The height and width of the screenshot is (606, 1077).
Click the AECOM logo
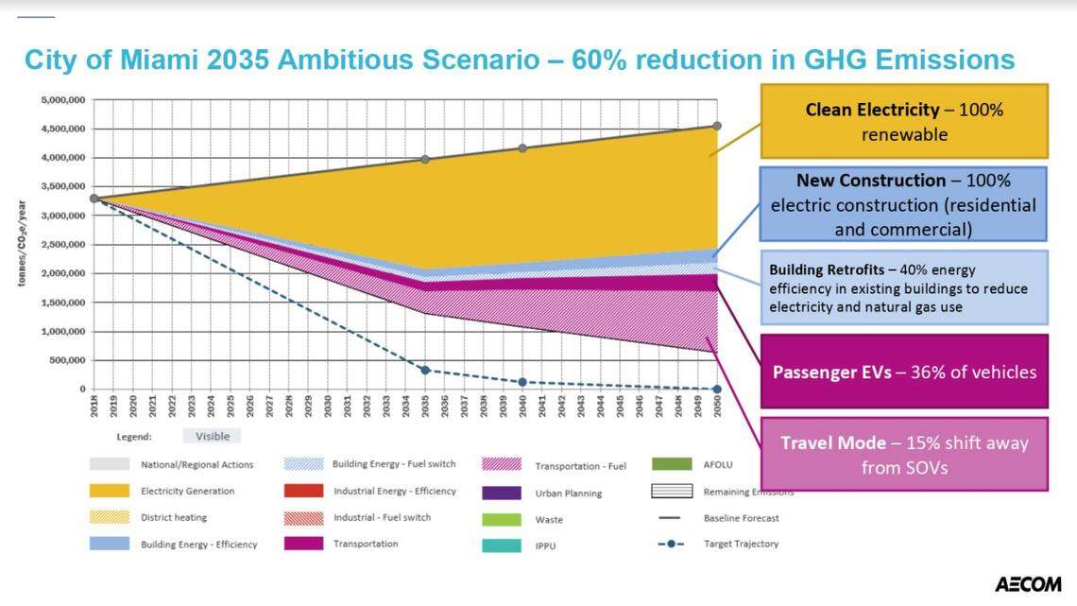click(1028, 584)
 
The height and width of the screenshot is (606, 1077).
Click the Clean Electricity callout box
click(904, 123)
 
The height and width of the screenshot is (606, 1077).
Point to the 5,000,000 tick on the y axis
click(64, 99)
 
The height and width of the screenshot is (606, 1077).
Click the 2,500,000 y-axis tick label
click(64, 244)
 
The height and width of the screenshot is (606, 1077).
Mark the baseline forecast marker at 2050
click(717, 126)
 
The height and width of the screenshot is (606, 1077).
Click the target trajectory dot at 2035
click(425, 371)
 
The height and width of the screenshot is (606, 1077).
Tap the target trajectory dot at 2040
click(522, 382)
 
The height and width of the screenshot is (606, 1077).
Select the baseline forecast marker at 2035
click(425, 159)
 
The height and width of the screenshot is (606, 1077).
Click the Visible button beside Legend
click(213, 436)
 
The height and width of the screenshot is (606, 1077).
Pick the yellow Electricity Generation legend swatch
click(109, 491)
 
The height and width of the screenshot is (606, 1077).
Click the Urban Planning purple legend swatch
click(500, 493)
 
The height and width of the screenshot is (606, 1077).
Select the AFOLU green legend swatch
click(671, 464)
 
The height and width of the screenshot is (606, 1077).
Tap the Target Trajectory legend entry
click(741, 544)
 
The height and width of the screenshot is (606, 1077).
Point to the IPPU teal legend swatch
click(500, 545)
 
